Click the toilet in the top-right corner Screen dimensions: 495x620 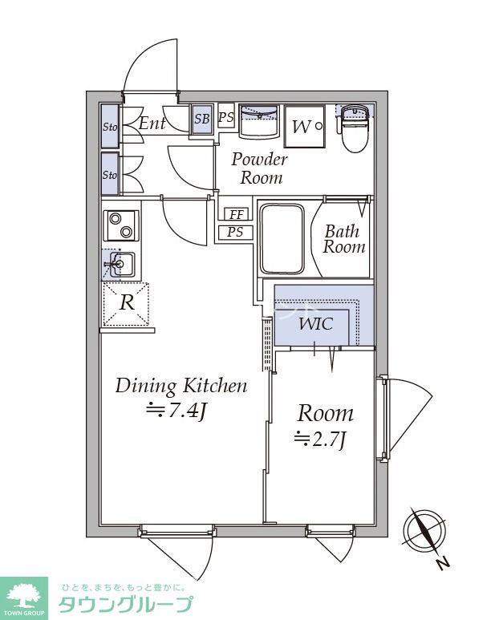[x=355, y=128]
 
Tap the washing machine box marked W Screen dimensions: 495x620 [x=304, y=127]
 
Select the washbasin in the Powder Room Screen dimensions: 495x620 [x=259, y=121]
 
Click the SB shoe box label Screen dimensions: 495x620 [x=202, y=119]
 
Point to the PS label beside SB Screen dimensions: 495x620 [x=226, y=117]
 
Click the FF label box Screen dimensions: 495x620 [x=236, y=214]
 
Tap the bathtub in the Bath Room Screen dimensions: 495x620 [x=282, y=238]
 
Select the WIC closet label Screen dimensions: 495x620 [x=315, y=324]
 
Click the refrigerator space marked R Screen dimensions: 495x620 [x=126, y=304]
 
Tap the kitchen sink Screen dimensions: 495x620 [x=119, y=264]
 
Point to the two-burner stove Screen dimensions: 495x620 [x=121, y=225]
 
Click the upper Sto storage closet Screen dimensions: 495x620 [x=110, y=126]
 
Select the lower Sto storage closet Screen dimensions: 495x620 [x=110, y=174]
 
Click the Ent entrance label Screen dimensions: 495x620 [x=152, y=124]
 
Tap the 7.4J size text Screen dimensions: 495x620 [x=176, y=411]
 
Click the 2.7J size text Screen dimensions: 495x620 [x=320, y=439]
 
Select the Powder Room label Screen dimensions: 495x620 [x=259, y=168]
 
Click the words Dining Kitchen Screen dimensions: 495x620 [x=181, y=386]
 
